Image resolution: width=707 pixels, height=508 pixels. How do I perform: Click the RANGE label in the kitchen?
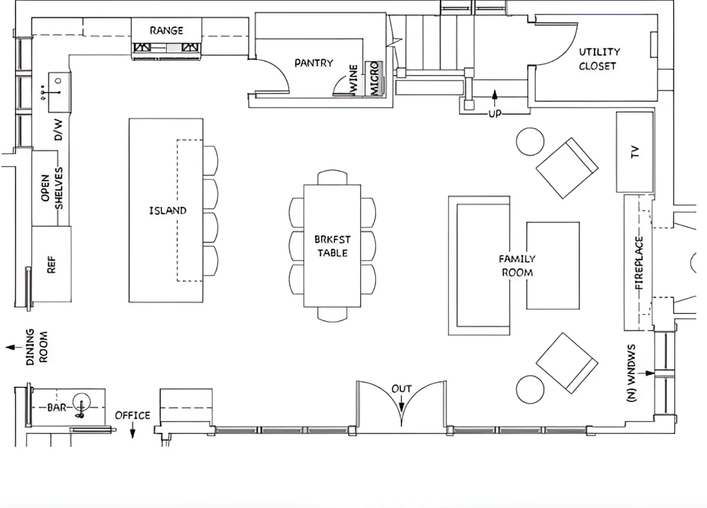click(x=166, y=31)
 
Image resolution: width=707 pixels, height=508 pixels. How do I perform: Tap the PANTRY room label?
click(x=314, y=63)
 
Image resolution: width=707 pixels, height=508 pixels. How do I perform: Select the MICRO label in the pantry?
click(x=374, y=78)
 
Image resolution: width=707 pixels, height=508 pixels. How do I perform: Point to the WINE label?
click(x=354, y=79)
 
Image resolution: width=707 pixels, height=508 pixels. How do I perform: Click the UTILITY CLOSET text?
click(x=599, y=59)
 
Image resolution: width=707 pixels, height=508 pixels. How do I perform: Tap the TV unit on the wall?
click(x=635, y=152)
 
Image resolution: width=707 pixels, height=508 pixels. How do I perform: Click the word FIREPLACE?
click(x=639, y=263)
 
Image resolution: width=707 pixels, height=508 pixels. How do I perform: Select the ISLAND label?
click(x=168, y=210)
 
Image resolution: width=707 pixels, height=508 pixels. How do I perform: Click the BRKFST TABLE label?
click(x=332, y=246)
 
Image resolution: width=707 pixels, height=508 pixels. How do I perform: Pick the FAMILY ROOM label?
click(x=517, y=266)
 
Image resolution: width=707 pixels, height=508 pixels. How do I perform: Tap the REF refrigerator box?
click(x=52, y=264)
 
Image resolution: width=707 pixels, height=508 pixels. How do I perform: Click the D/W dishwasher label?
click(x=59, y=129)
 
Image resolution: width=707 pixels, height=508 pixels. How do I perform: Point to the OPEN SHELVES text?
click(x=52, y=188)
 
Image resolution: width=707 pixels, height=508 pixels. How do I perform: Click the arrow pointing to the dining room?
click(x=14, y=347)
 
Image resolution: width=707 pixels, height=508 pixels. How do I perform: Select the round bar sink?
click(x=82, y=402)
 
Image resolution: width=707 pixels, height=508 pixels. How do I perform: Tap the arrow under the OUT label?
click(x=401, y=403)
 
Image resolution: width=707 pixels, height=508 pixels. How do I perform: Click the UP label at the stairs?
click(x=495, y=114)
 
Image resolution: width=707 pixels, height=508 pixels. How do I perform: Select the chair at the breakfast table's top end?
click(x=332, y=177)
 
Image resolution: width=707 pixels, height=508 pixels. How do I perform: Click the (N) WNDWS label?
click(x=631, y=373)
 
